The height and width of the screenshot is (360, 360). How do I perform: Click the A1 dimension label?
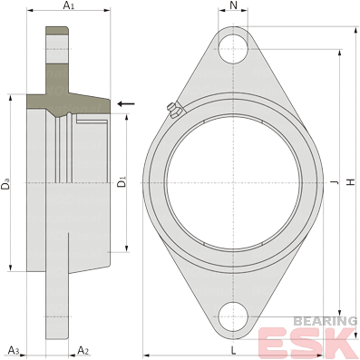[68, 5]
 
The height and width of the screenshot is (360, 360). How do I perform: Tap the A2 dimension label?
[83, 350]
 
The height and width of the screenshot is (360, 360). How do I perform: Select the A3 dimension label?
[14, 350]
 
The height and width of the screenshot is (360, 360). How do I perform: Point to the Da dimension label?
[5, 184]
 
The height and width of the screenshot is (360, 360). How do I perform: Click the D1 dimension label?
[122, 182]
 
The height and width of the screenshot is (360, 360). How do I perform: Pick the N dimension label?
[233, 5]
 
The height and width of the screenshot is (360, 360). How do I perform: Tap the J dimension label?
[335, 182]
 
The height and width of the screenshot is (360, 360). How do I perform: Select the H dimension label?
[351, 182]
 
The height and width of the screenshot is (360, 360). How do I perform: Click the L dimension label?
[233, 351]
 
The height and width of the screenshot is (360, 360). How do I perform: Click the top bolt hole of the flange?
[233, 48]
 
